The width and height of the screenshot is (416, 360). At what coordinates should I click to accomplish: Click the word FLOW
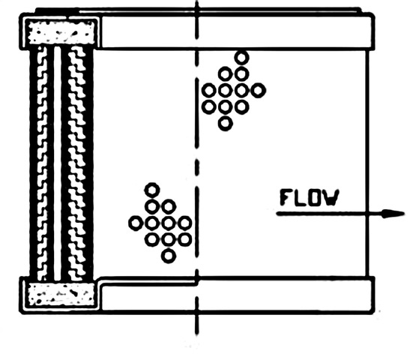coord(310,198)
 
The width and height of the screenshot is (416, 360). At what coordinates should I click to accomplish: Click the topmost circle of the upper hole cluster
coord(241,58)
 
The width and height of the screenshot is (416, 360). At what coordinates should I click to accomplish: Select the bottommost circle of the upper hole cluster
coord(226,124)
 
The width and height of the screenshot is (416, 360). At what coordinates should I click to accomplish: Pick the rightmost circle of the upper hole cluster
coord(258,91)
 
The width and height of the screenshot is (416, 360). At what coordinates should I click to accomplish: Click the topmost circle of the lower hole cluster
coord(152,190)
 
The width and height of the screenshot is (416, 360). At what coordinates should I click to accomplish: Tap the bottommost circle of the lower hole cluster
coord(168,256)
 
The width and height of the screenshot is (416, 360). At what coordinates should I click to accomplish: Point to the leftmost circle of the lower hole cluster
coord(136,223)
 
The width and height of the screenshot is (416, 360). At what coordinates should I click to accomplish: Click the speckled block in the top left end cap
coord(61,33)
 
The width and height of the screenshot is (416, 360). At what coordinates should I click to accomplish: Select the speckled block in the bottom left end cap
coord(61,294)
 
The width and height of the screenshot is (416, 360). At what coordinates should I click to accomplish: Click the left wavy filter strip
coord(42,163)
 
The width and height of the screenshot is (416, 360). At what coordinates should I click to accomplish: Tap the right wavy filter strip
coord(77,163)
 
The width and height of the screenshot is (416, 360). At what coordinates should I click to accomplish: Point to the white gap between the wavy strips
coord(58,163)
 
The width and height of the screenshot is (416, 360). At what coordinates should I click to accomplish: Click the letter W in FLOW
coord(332,198)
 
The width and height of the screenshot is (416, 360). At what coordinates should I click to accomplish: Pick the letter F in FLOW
coord(286,198)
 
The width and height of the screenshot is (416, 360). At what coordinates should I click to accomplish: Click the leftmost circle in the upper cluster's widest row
coord(209,91)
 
